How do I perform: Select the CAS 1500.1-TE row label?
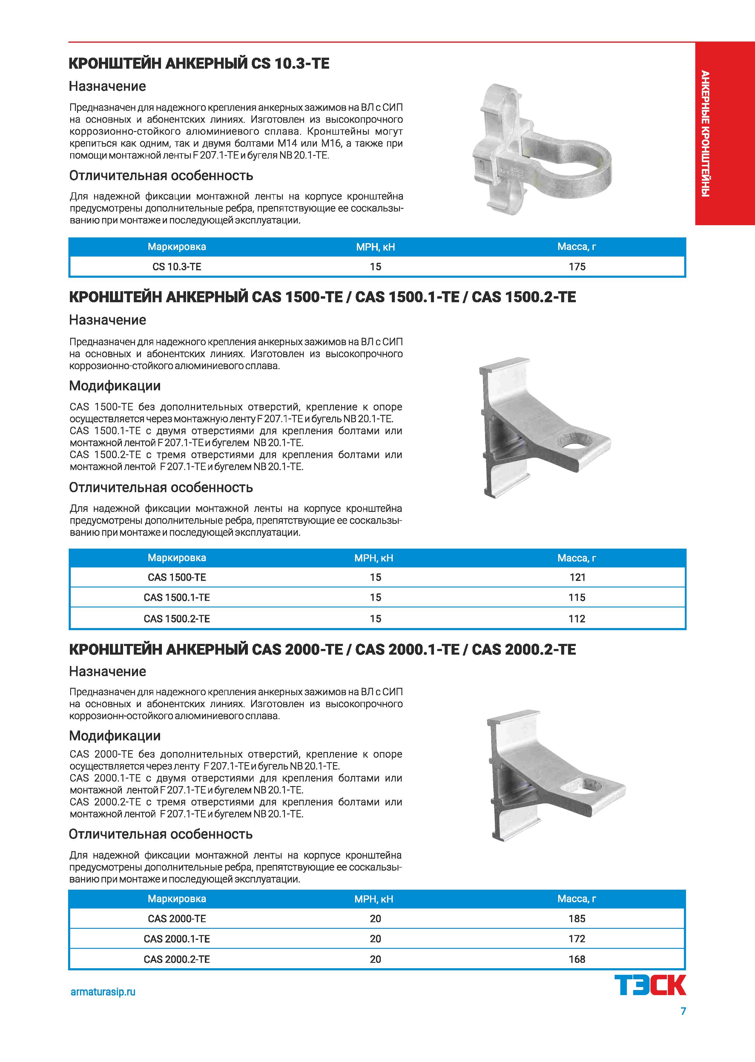click(x=177, y=597)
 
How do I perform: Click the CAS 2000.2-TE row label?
click(x=177, y=959)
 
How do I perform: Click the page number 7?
click(x=683, y=1011)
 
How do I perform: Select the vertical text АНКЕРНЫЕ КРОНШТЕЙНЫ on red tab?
click(x=705, y=134)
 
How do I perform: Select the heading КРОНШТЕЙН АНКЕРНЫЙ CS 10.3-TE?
click(x=199, y=63)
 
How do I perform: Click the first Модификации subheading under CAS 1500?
click(x=115, y=386)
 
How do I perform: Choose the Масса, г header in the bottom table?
click(x=576, y=899)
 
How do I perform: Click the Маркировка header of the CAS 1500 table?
click(x=177, y=558)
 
